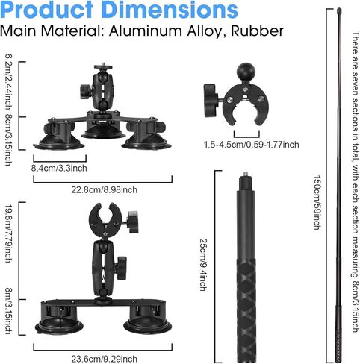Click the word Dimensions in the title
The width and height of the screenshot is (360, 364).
coord(170,10)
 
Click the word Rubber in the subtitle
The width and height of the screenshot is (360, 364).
coord(257,31)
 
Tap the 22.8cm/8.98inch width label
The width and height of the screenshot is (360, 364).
coord(105,190)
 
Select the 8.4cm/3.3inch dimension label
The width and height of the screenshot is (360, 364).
coord(59,168)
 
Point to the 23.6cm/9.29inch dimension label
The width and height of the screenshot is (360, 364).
coord(105,359)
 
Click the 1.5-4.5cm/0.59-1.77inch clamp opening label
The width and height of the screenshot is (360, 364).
coord(252,145)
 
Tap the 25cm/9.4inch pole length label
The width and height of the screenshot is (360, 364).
coord(204,265)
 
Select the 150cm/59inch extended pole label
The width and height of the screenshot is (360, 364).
coord(317,202)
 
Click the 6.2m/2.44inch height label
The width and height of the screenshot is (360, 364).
coord(9,82)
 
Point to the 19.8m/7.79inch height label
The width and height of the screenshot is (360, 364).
coord(9,233)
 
